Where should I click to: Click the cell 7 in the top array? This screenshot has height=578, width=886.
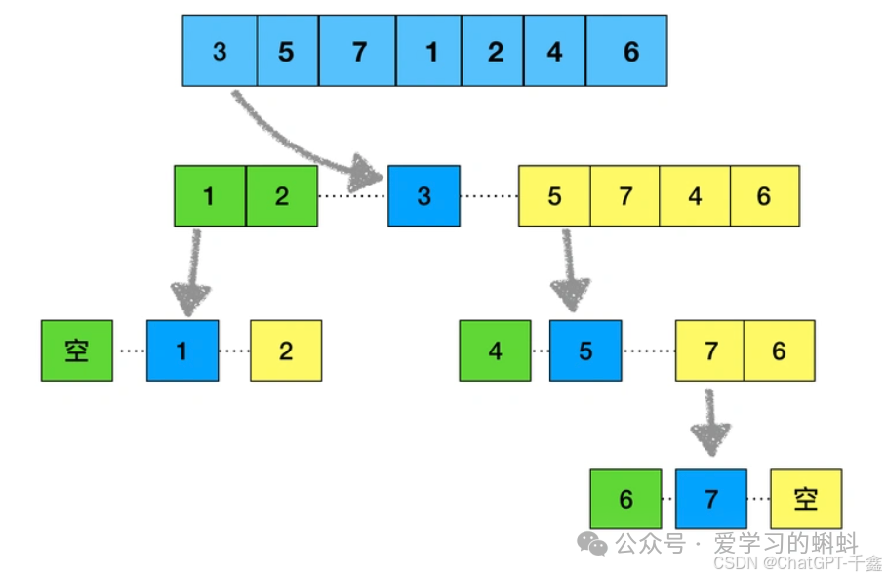358,51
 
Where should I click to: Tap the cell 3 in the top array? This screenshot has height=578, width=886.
220,51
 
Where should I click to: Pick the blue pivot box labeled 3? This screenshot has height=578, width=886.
423,196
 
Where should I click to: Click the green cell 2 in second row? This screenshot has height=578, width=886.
282,196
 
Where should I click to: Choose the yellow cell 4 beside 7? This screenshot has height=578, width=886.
695,196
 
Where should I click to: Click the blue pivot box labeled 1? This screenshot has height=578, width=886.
182,351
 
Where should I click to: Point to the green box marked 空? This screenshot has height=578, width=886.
77,351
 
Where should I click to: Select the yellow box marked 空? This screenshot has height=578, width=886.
805,499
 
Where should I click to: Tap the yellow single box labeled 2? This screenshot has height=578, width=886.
286,351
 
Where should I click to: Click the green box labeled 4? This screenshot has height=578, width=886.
495,351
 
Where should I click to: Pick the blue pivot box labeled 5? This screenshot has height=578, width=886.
584,351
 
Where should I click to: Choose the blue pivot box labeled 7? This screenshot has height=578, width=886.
710,499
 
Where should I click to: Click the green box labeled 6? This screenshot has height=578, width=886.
625,499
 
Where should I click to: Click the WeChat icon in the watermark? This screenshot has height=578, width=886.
592,543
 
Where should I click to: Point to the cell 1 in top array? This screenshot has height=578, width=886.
430,51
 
